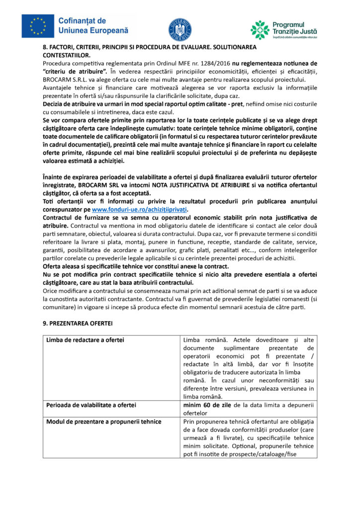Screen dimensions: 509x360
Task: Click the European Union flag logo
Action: pos(38,26)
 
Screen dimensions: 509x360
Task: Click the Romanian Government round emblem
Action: pos(180,29)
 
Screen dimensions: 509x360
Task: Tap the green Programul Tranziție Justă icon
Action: pos(260,30)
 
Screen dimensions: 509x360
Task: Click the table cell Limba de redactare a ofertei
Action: pos(85,340)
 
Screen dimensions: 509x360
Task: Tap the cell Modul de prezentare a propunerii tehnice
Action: pos(103,422)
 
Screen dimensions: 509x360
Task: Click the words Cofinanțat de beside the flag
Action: pos(82,21)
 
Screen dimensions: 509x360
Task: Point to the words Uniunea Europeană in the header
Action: pos(93,31)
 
